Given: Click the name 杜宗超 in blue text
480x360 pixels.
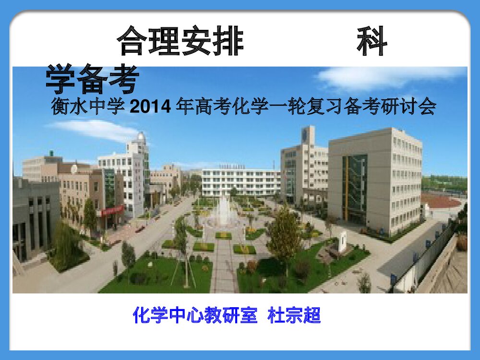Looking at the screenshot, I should pyautogui.click(x=294, y=316).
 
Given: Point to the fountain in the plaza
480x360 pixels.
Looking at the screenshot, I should pyautogui.click(x=223, y=211).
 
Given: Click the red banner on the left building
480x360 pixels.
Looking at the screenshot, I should pyautogui.click(x=112, y=210).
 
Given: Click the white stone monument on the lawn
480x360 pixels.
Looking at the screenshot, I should pyautogui.click(x=342, y=241).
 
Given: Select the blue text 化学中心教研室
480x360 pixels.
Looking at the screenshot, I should pyautogui.click(x=195, y=316).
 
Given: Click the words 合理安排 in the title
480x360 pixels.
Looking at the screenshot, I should pyautogui.click(x=180, y=42).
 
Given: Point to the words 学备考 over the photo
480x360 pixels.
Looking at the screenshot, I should pyautogui.click(x=93, y=79).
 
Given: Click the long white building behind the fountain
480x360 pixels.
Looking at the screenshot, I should pyautogui.click(x=240, y=182).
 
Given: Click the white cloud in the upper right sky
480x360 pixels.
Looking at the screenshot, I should pyautogui.click(x=389, y=77).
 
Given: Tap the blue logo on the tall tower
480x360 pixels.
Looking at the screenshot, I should pyautogui.click(x=305, y=135).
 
